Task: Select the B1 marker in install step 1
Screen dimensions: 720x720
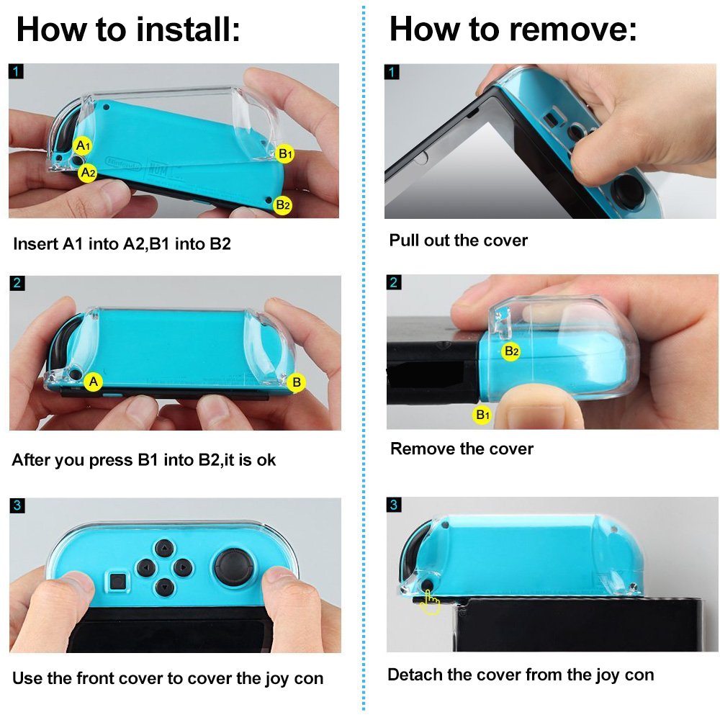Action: pyautogui.click(x=285, y=153)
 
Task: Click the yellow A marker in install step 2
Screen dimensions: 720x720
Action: pyautogui.click(x=93, y=382)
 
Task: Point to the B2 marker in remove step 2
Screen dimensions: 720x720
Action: pyautogui.click(x=511, y=351)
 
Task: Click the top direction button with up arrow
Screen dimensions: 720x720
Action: pyautogui.click(x=163, y=549)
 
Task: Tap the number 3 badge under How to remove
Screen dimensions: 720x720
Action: pyautogui.click(x=393, y=505)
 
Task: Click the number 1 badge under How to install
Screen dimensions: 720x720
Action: pyautogui.click(x=17, y=71)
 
